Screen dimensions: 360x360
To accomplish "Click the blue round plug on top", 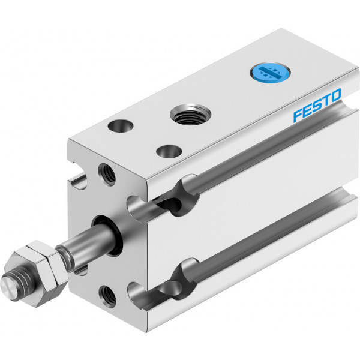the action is (269, 73).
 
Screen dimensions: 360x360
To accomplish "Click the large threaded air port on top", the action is (190, 114).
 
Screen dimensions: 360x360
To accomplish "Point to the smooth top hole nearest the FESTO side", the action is (169, 152).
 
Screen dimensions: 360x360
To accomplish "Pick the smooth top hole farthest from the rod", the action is (121, 125).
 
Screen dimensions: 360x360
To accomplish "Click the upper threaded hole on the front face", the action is (107, 174).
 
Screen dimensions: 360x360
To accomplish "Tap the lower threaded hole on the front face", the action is (107, 296).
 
